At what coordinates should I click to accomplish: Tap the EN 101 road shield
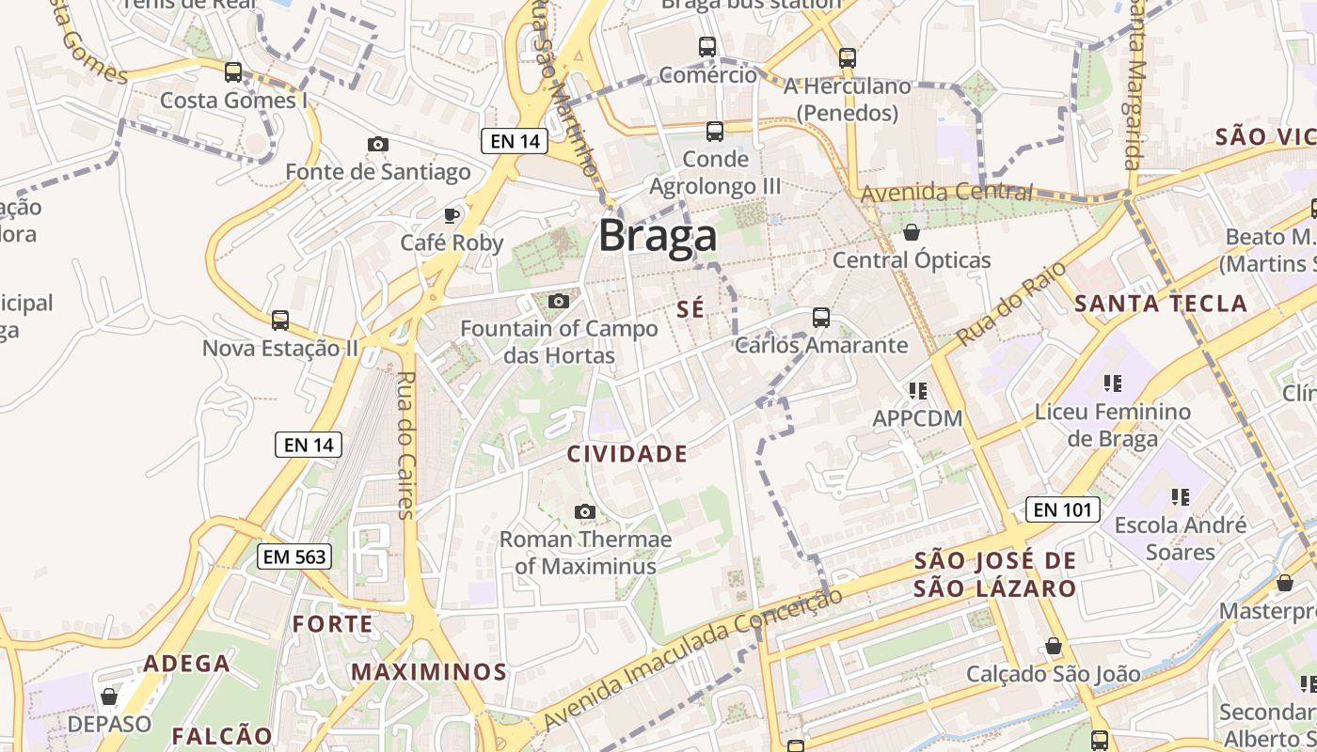click(x=1062, y=510)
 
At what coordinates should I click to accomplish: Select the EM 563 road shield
click(x=294, y=556)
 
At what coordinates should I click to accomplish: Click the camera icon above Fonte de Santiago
click(x=378, y=144)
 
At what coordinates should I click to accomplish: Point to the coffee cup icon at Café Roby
click(x=452, y=215)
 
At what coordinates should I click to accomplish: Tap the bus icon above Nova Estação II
click(x=280, y=321)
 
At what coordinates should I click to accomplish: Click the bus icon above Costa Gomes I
click(x=233, y=72)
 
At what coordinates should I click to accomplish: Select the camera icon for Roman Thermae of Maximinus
click(x=585, y=512)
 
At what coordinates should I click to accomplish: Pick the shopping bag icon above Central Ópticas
click(x=911, y=232)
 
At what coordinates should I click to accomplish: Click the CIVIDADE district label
click(x=627, y=454)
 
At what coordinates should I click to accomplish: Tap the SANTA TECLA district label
click(x=1161, y=304)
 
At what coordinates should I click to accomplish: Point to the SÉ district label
click(x=690, y=309)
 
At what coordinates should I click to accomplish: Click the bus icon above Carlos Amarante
click(x=821, y=318)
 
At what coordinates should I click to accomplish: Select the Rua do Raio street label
click(x=1011, y=303)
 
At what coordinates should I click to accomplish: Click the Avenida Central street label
click(x=947, y=193)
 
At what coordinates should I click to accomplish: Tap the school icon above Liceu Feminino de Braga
click(x=1113, y=384)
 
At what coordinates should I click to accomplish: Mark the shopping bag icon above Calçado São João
click(x=1054, y=647)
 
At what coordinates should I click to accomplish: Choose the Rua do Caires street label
click(x=406, y=446)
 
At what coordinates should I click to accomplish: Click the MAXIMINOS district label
click(x=429, y=672)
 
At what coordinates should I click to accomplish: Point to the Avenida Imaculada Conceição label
click(x=691, y=658)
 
